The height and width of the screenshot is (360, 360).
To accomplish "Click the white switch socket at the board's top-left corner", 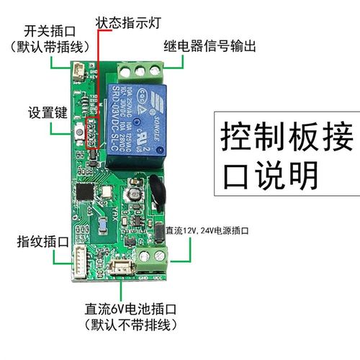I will pos(78,70).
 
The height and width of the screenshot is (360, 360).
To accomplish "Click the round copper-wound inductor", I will pos(133,196).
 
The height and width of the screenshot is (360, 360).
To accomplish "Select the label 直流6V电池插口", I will pos(130,308).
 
